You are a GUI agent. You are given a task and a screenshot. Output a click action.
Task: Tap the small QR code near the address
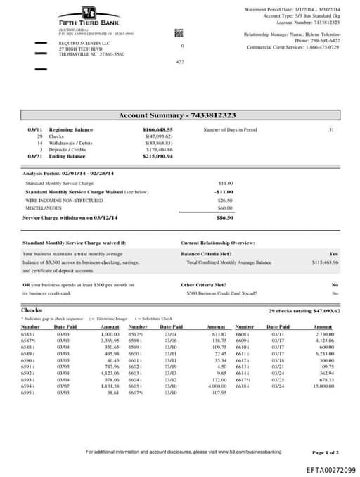point(179,32)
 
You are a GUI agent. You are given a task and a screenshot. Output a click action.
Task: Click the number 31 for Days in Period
point(331,130)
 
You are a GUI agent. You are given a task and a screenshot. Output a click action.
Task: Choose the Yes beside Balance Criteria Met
point(333,253)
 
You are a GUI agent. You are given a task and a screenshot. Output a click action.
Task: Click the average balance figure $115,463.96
point(325,262)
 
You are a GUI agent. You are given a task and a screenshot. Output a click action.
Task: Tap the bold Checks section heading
point(32,310)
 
